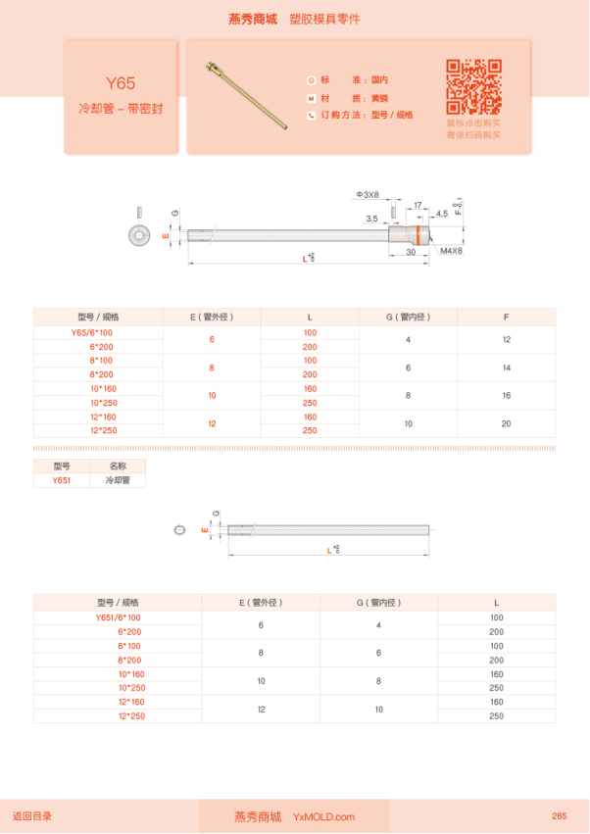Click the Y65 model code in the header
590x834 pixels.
[x=121, y=83]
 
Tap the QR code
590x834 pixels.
[x=473, y=87]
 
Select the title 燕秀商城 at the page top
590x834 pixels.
[x=253, y=19]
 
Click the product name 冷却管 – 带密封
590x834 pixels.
[x=121, y=108]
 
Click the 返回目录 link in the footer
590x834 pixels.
[x=32, y=815]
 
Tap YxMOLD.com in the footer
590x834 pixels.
[x=323, y=816]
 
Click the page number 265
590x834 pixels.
[x=559, y=815]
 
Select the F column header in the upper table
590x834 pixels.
[x=506, y=317]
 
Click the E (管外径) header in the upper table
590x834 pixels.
[x=212, y=317]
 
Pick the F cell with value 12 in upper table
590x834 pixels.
[x=506, y=339]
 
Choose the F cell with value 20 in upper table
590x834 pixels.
[x=506, y=423]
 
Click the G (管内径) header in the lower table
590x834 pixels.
[x=378, y=602]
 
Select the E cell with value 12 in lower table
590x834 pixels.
[x=261, y=709]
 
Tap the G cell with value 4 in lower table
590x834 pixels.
[x=378, y=624]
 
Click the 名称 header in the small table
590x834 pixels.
[x=118, y=466]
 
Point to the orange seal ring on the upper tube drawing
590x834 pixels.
[x=422, y=236]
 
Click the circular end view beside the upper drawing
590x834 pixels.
[x=139, y=235]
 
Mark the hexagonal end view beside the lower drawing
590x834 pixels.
[x=179, y=530]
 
